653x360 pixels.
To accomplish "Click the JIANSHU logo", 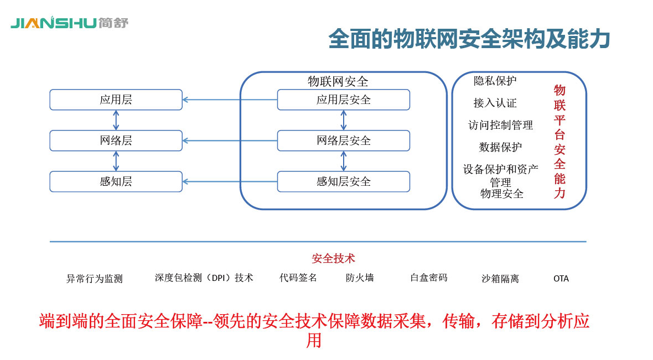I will (69, 23).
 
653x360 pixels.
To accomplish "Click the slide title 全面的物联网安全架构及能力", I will (469, 39).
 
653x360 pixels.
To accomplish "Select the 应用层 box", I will (116, 100).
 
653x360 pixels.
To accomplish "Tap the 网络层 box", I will (116, 140).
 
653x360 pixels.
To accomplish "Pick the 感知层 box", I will (116, 181).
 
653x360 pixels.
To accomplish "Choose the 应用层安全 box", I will (343, 100).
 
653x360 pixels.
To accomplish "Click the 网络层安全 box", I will (343, 140).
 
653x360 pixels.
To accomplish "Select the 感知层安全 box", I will (343, 181).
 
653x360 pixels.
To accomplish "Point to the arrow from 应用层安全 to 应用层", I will (230, 100).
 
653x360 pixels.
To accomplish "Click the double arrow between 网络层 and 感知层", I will (116, 161).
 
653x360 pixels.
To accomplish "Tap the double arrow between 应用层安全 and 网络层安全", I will (344, 120).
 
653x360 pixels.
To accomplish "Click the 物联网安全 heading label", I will (338, 82).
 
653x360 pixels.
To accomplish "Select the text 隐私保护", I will (495, 81).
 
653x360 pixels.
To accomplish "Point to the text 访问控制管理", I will (500, 125).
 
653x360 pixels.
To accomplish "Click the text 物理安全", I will (502, 194).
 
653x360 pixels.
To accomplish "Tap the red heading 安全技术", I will (333, 258).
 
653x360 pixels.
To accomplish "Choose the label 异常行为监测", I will (94, 279).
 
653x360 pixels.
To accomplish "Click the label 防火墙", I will (360, 278).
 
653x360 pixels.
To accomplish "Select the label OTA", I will (561, 279).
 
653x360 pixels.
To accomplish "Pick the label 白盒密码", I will (428, 278).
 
